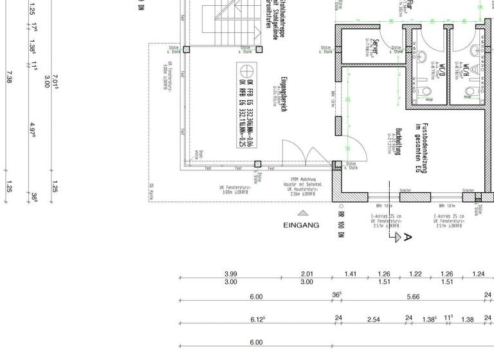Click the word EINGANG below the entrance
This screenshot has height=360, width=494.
click(x=301, y=226)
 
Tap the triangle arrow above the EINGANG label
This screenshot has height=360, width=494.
click(x=302, y=213)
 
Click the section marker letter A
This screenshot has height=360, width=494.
click(x=406, y=237)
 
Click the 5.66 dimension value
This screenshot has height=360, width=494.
click(x=413, y=296)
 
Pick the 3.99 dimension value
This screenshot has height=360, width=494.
click(x=230, y=274)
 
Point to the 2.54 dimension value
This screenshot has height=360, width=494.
click(x=374, y=319)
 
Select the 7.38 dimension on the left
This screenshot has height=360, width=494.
click(x=9, y=77)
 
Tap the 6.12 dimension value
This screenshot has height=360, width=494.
click(x=257, y=319)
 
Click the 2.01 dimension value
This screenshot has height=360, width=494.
click(x=307, y=274)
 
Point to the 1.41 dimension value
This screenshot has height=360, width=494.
click(x=350, y=274)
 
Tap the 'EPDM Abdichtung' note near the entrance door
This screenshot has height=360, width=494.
click(x=303, y=179)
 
